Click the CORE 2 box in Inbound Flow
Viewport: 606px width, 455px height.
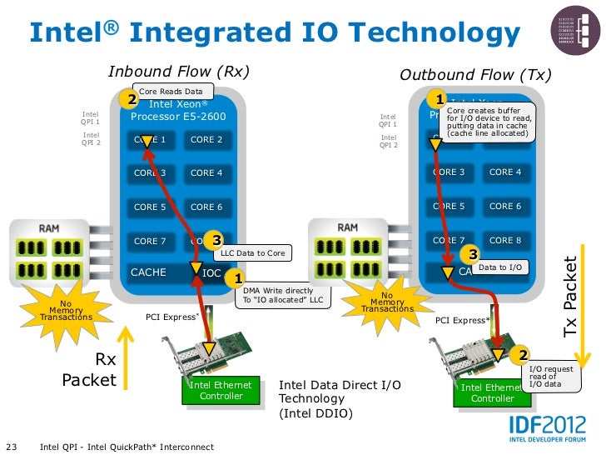tap(206, 140)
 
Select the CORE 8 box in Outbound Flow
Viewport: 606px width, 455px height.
tap(505, 240)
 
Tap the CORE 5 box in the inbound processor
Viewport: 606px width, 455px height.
tap(150, 207)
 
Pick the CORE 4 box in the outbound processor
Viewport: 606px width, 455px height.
tap(505, 172)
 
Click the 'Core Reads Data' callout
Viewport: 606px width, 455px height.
tap(170, 91)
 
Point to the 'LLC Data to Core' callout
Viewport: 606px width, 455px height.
tap(253, 252)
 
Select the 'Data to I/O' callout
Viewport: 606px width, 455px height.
tap(499, 267)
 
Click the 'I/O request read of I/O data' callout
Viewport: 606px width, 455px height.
tap(551, 376)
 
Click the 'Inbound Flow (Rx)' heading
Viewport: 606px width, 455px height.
tap(179, 72)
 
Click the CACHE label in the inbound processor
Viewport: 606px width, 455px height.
tap(148, 272)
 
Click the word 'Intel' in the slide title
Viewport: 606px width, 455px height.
tap(64, 32)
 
